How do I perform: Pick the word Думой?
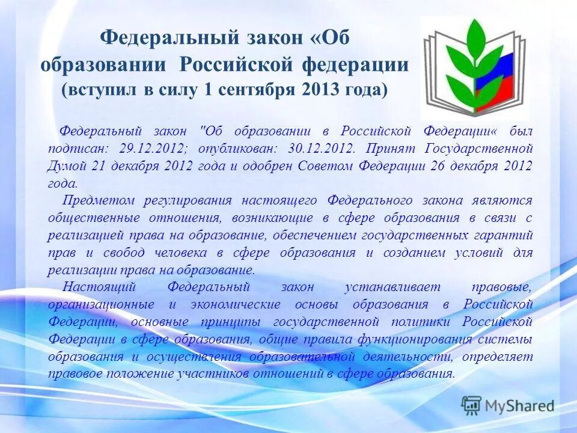[67, 166]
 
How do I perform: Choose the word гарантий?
[504, 235]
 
